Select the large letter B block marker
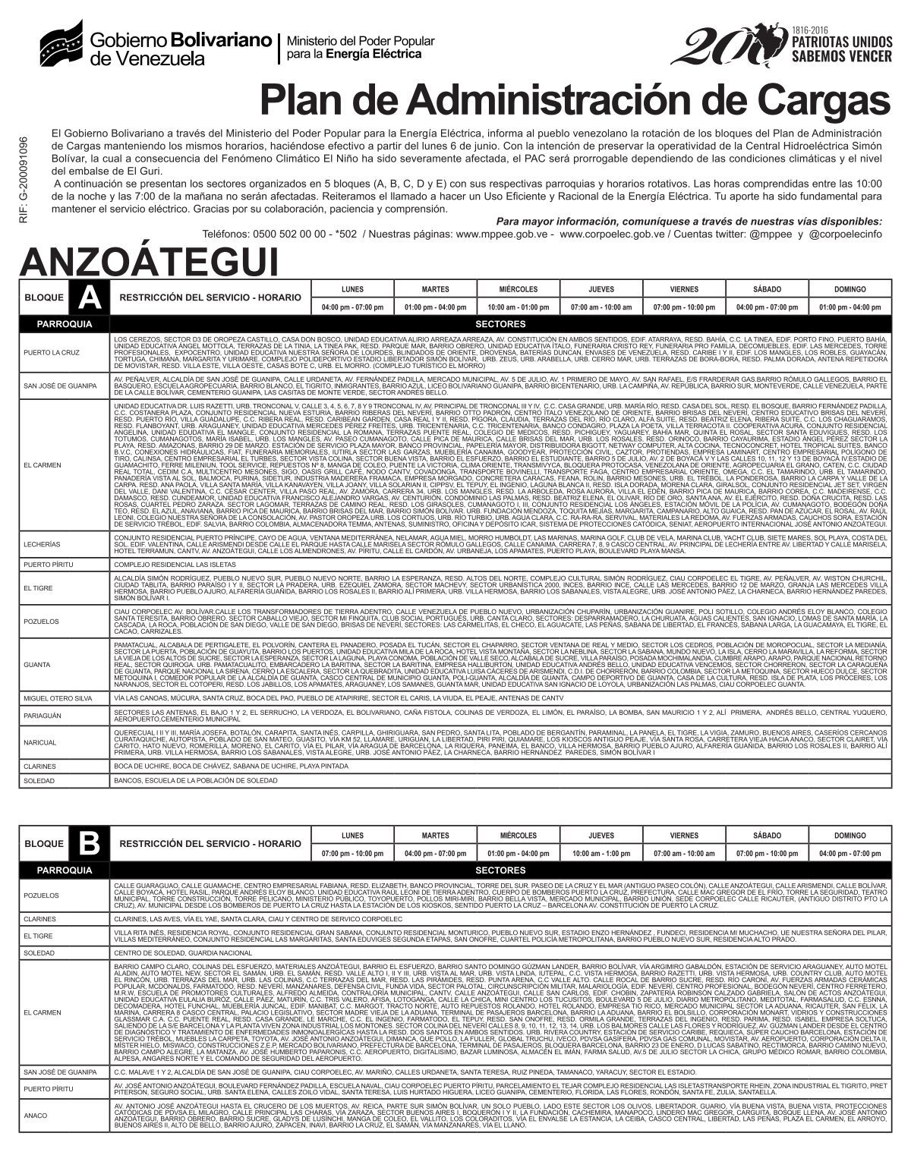pos(89,843)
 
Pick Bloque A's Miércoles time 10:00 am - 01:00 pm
pos(518,307)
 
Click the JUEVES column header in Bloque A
pos(601,289)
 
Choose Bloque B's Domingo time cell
pos(849,853)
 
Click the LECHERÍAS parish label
pos(42,544)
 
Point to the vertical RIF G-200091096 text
pos(24,179)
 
